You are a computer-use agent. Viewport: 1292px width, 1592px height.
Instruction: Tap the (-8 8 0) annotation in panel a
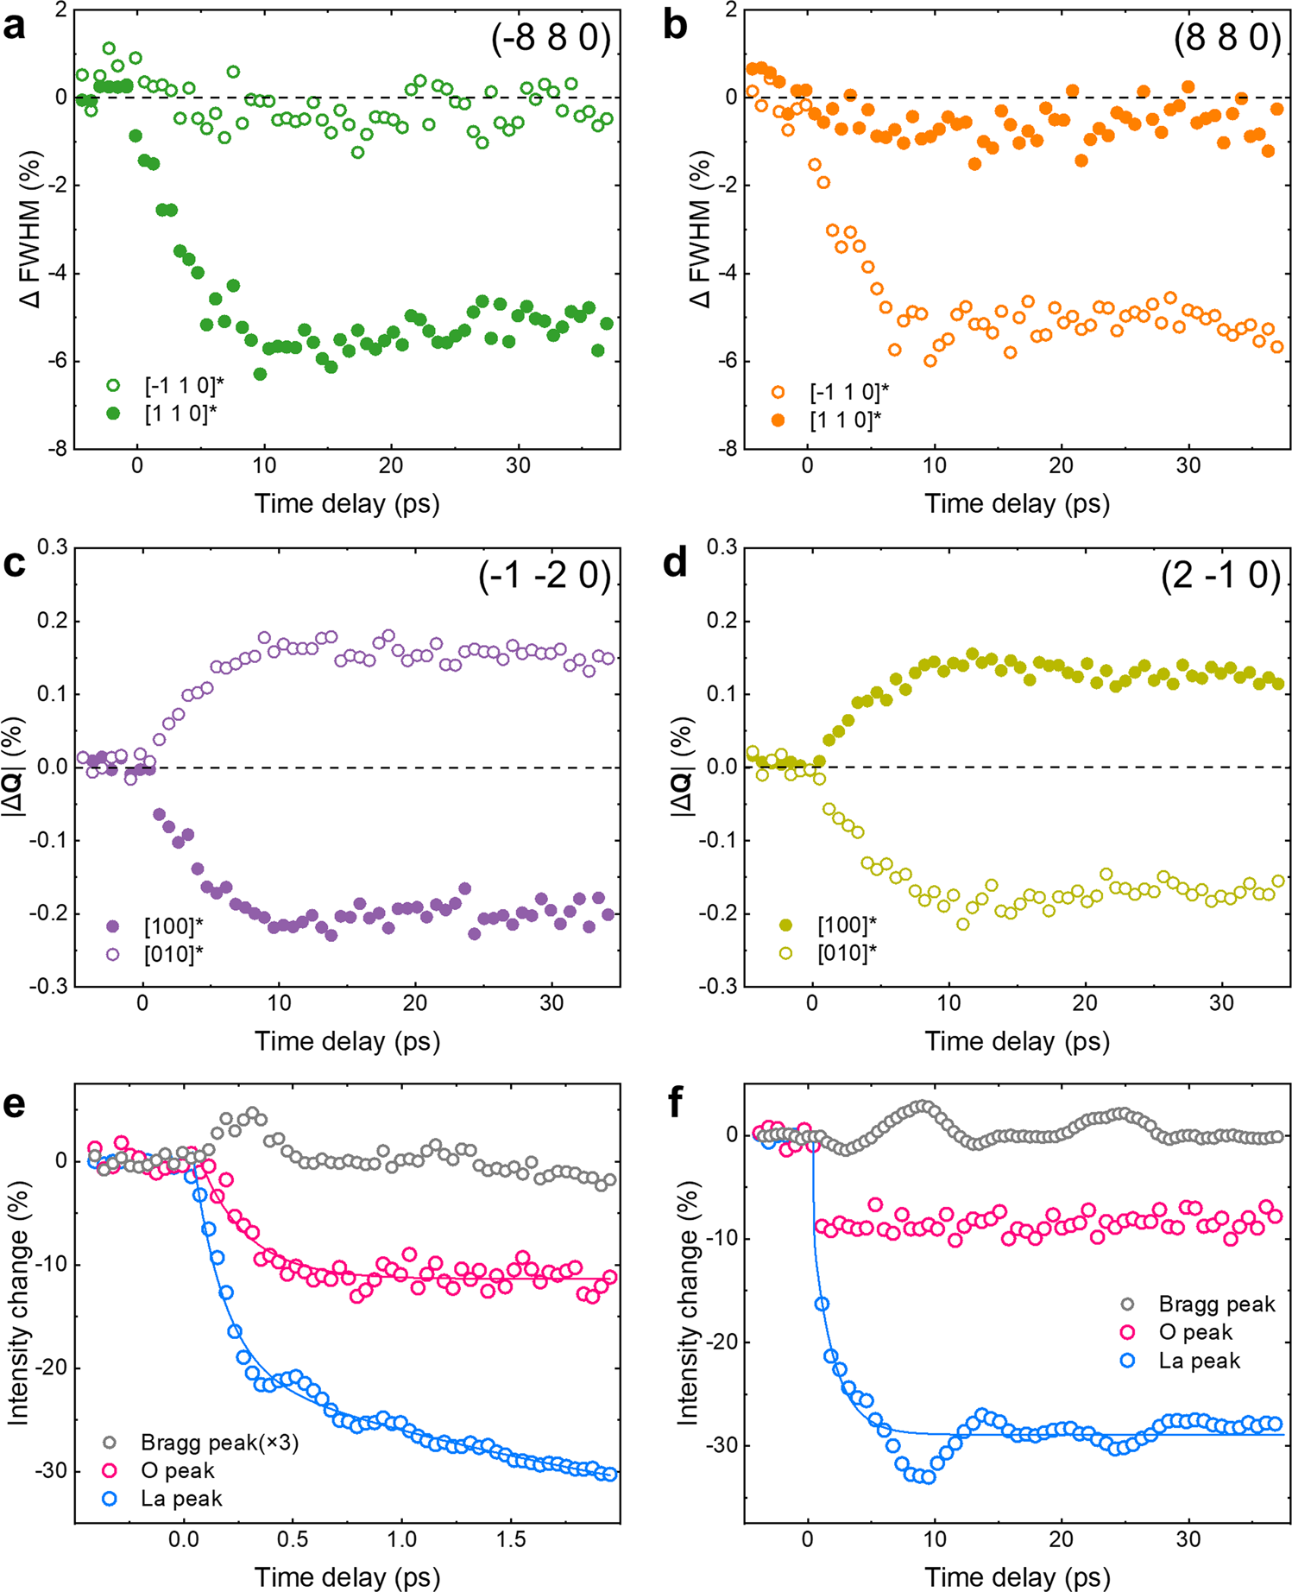click(x=551, y=39)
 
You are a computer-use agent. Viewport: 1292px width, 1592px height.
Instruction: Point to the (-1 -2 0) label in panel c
click(x=545, y=575)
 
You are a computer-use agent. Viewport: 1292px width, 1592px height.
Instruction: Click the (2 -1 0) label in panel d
click(x=1220, y=575)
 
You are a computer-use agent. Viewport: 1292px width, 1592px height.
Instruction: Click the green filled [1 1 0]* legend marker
click(x=113, y=414)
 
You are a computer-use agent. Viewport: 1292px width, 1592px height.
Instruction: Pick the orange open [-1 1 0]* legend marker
click(x=778, y=392)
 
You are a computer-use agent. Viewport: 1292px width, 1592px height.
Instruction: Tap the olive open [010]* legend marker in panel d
click(x=785, y=953)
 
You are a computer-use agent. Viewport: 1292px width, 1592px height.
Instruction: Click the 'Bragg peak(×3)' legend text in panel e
click(x=219, y=1443)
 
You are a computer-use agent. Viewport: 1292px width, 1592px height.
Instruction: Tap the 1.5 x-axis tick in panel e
click(x=511, y=1539)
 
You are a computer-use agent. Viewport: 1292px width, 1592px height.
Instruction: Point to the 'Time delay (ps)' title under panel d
click(x=1017, y=1041)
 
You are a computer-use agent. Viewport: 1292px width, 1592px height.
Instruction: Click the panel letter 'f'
click(x=677, y=1104)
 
